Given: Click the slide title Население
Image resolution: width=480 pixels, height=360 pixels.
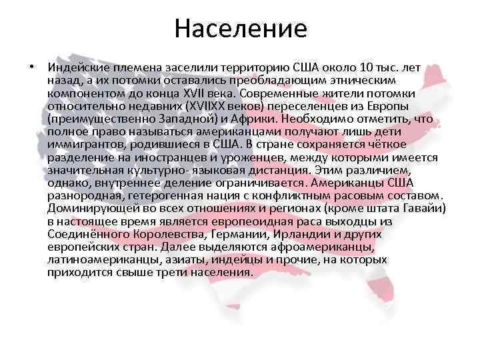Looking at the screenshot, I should tap(241, 29).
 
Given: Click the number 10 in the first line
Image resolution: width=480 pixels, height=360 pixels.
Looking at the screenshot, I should tap(361, 67).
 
